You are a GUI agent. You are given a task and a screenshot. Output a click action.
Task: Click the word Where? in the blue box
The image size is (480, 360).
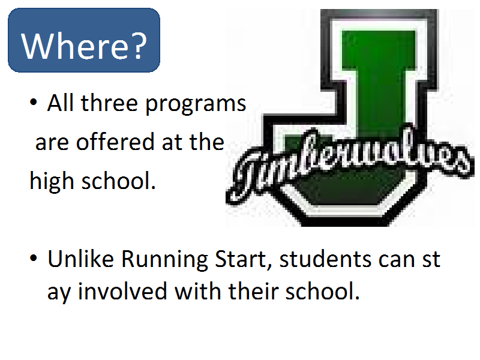(84, 46)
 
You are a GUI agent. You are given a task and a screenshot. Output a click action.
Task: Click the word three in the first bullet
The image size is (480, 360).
(109, 103)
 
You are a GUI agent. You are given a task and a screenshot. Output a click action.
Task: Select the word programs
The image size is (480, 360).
(196, 104)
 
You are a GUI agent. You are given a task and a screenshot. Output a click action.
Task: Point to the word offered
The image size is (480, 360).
(115, 142)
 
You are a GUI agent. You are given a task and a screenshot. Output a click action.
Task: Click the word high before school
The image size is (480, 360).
(52, 181)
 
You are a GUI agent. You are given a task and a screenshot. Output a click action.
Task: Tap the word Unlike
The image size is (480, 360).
(81, 259)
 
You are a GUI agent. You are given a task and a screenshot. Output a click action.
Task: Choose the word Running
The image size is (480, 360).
(164, 260)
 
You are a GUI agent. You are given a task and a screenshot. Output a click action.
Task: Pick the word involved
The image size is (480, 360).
(122, 291)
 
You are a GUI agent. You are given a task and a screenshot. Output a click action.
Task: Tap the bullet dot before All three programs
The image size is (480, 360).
(34, 102)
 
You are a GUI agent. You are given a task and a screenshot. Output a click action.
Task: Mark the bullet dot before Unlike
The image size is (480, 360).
(34, 258)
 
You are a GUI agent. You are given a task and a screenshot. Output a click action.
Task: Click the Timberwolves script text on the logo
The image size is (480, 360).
(350, 163)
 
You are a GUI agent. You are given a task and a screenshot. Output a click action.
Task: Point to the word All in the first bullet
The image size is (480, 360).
(61, 103)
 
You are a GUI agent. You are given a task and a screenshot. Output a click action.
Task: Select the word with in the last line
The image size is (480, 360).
(198, 291)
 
